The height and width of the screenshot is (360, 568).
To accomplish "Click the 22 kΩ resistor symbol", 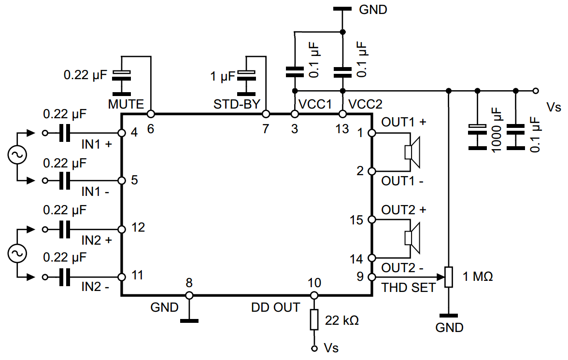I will [x=314, y=319].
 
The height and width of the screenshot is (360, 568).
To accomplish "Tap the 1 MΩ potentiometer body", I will [x=449, y=277].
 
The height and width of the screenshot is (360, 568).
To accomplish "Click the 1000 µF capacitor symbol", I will [x=477, y=129].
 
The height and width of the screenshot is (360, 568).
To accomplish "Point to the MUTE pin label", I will [x=126, y=104].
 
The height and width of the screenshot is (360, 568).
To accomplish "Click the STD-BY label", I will [x=237, y=104].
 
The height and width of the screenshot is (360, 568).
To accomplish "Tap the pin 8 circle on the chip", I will [x=189, y=295].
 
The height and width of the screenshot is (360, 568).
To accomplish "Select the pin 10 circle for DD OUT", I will [x=314, y=295].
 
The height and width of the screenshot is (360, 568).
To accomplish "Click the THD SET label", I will [x=409, y=288].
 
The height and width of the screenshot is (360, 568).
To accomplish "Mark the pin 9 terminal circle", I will [x=372, y=277].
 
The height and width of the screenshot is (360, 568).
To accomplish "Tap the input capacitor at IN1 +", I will [x=64, y=132].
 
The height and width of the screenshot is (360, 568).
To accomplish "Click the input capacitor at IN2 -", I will [x=64, y=277].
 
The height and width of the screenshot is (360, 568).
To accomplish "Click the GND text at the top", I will [x=373, y=10].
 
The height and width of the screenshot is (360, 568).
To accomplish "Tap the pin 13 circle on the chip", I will [x=342, y=114].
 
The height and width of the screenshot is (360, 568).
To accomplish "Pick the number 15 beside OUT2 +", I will [x=356, y=220].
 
